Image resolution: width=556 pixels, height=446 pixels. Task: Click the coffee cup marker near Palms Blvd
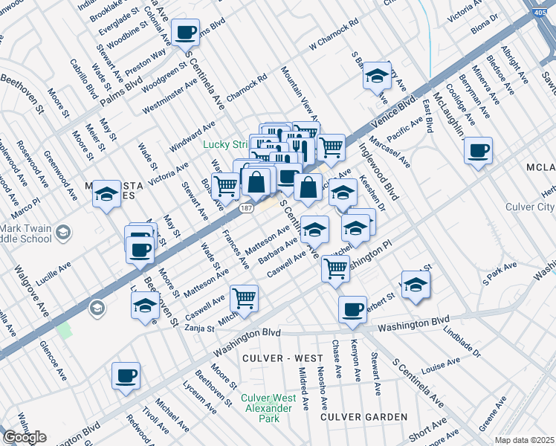coord(185,33)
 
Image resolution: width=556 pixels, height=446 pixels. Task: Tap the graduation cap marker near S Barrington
coord(378,75)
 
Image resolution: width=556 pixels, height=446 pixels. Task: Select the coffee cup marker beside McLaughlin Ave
coord(478,150)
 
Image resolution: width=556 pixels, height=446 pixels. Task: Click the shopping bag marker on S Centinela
coord(308,187)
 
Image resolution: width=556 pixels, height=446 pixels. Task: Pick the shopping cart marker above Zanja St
coord(244,299)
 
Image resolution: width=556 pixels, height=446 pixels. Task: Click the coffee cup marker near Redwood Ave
coord(126,375)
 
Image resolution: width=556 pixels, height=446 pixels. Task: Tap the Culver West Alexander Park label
coord(262,408)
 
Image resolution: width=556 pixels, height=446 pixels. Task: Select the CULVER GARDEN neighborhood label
coord(364,417)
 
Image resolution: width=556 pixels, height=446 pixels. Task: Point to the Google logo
coord(25,437)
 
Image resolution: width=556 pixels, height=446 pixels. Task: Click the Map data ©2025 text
coord(525,440)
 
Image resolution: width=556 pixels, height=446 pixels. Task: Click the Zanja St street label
coord(200,327)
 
